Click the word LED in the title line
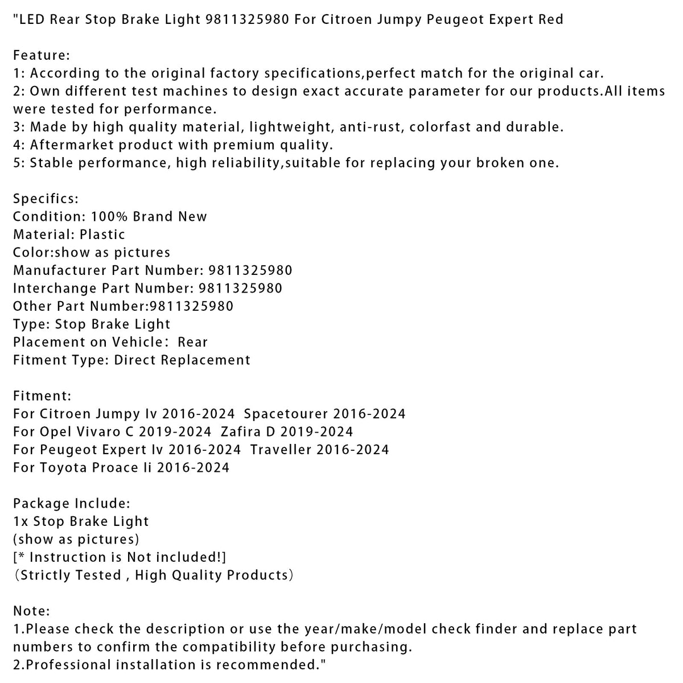[31, 19]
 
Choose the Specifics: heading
[46, 199]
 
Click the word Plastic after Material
[102, 234]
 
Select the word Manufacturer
[60, 270]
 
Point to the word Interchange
[55, 288]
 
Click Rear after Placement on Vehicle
[193, 342]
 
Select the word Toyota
[61, 468]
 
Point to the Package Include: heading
[72, 504]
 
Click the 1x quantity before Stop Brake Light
[20, 521]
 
